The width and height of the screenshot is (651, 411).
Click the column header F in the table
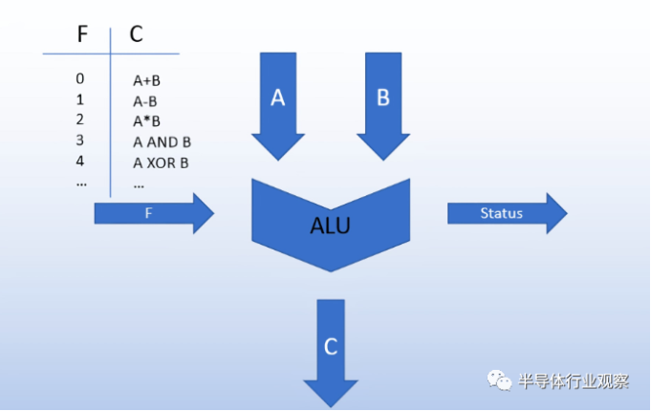coord(82,34)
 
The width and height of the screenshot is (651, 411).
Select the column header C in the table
coord(136,34)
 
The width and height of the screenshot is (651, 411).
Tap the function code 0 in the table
coord(80,78)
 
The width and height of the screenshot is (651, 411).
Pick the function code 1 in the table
coord(80,99)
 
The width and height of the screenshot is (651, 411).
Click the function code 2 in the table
coord(80,119)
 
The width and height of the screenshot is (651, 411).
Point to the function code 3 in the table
coord(80,141)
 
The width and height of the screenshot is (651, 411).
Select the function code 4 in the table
coord(80,161)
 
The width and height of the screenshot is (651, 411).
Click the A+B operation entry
coord(146,80)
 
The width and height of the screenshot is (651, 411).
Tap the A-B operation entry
coord(145,101)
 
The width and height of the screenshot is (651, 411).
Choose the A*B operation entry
coord(146,121)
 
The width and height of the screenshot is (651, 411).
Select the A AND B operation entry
coord(162,142)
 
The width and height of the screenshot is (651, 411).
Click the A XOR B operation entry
coord(161,162)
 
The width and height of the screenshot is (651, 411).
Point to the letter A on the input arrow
coord(278,98)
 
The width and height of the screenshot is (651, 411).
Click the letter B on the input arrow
coord(383,98)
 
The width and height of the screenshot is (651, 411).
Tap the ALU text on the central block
coord(331,226)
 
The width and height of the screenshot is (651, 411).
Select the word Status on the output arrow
coord(501,213)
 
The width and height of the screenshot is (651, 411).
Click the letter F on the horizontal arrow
coord(148,213)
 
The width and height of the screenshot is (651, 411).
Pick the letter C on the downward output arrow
coord(331,347)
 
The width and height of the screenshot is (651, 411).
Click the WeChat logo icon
coord(499,380)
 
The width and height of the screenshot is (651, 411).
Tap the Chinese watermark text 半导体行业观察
coord(574,381)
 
